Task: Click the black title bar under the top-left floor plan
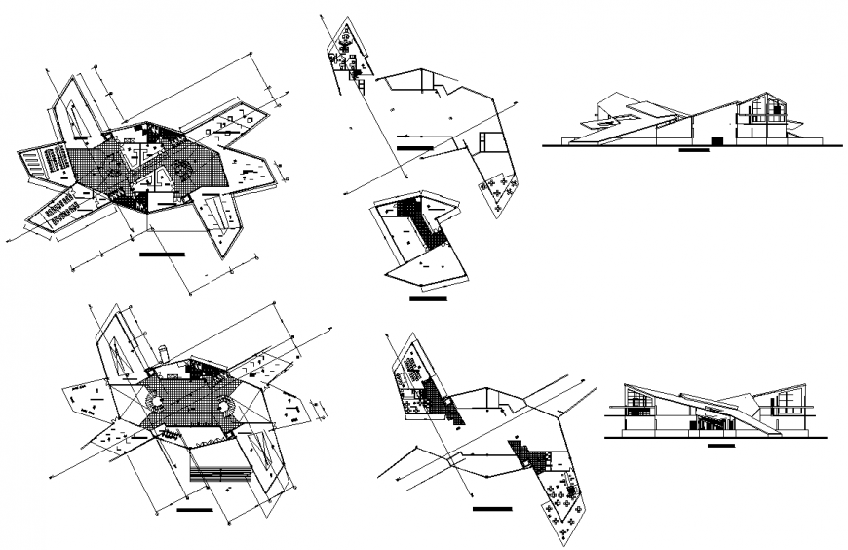tap(162, 255)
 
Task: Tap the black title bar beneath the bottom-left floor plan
tap(195, 509)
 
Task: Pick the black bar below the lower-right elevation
tap(720, 447)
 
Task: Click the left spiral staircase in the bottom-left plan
tap(154, 403)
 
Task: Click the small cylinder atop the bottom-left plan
tap(165, 350)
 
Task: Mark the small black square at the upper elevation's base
tap(717, 141)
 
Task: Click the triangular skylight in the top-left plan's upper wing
tap(74, 116)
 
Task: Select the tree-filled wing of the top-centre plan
tap(498, 192)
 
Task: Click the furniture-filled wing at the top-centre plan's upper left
tap(346, 49)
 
